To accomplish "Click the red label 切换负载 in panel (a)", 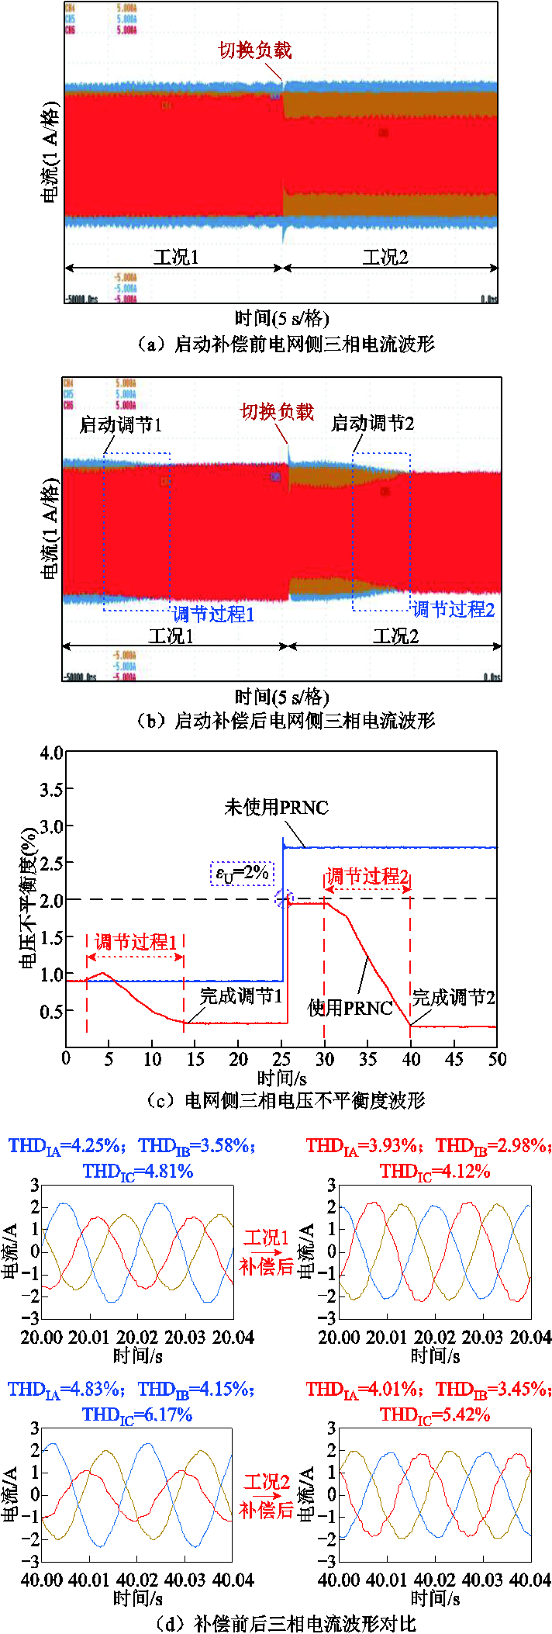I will (x=255, y=50).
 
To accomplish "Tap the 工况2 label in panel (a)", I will (x=385, y=257).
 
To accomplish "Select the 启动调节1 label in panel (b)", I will (x=121, y=425).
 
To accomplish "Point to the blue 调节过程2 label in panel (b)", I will (x=453, y=609).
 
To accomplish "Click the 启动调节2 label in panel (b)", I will (x=373, y=424).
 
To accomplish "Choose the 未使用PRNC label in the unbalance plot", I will (x=277, y=808).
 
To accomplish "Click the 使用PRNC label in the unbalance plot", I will (x=350, y=1008).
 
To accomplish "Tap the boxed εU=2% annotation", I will (x=242, y=874).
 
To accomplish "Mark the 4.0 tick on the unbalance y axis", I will (x=51, y=753).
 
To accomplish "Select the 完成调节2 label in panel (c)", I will (x=454, y=998).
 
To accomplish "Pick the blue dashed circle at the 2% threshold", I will (x=285, y=898).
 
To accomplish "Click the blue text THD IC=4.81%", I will (x=138, y=1172).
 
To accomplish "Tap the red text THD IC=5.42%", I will (x=435, y=1415).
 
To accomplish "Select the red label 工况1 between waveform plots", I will (x=266, y=1238).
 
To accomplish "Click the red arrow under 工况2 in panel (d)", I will (x=266, y=1494).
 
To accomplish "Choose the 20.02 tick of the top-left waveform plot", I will (x=137, y=1338).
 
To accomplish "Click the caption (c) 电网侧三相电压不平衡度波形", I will (x=285, y=1100).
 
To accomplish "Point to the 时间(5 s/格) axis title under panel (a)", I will (x=281, y=318).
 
